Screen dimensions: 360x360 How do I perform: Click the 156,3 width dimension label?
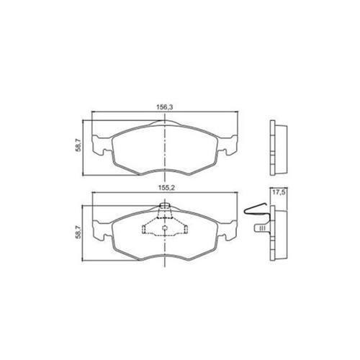165,107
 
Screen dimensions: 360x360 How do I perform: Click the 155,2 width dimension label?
166,188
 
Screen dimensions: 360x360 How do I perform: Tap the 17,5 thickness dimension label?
279,192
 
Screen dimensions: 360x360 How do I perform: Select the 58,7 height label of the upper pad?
78,146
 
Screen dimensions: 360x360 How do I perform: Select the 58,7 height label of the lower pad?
78,233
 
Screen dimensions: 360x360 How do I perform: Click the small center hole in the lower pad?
165,228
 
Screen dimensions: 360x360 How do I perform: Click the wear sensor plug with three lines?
262,228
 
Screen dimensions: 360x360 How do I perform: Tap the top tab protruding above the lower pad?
165,206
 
